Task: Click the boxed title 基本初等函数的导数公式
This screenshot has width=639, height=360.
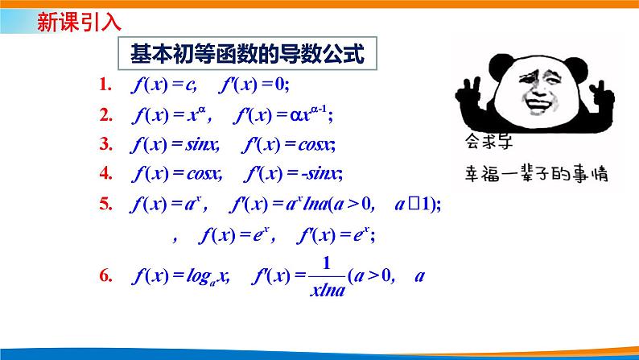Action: pos(249,55)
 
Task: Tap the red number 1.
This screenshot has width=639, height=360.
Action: pos(103,85)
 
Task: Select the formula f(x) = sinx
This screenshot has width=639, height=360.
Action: pos(174,145)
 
